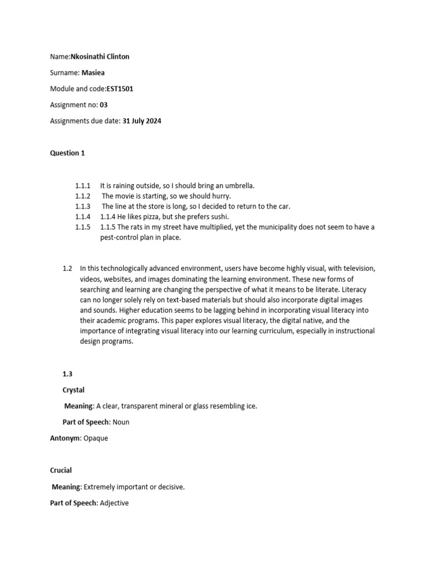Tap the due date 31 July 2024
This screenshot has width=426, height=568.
tap(141, 120)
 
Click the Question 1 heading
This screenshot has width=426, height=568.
tap(68, 153)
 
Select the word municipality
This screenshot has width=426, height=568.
tap(287, 227)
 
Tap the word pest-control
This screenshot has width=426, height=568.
tap(113, 237)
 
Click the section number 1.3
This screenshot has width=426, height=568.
tap(67, 374)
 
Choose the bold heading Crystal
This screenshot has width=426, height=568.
tap(73, 390)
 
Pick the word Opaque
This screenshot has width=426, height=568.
tap(95, 438)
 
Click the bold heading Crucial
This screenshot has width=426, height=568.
tap(61, 470)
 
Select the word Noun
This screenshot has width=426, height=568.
tap(120, 422)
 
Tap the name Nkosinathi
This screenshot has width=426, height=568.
tap(89, 57)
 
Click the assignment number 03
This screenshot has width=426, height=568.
tap(104, 104)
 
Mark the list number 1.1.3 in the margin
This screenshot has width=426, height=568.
tap(83, 206)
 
